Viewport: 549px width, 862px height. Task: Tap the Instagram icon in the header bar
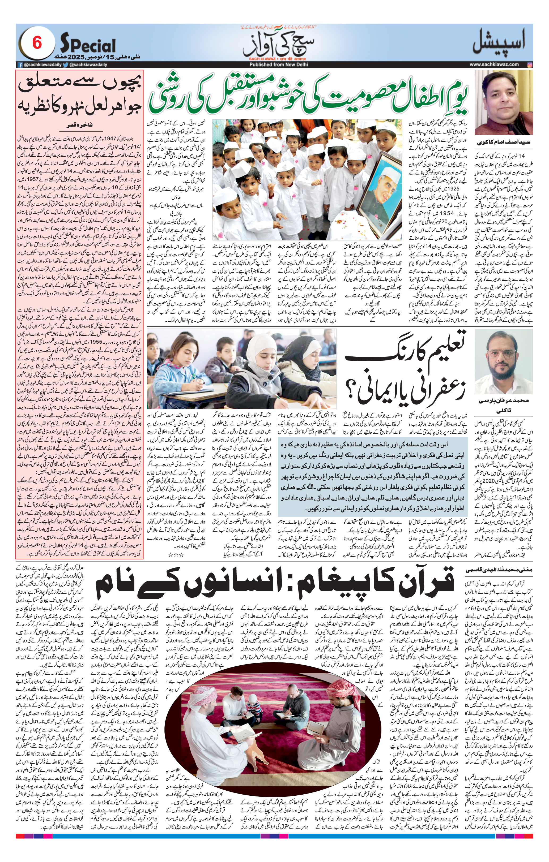pyautogui.click(x=530, y=64)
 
